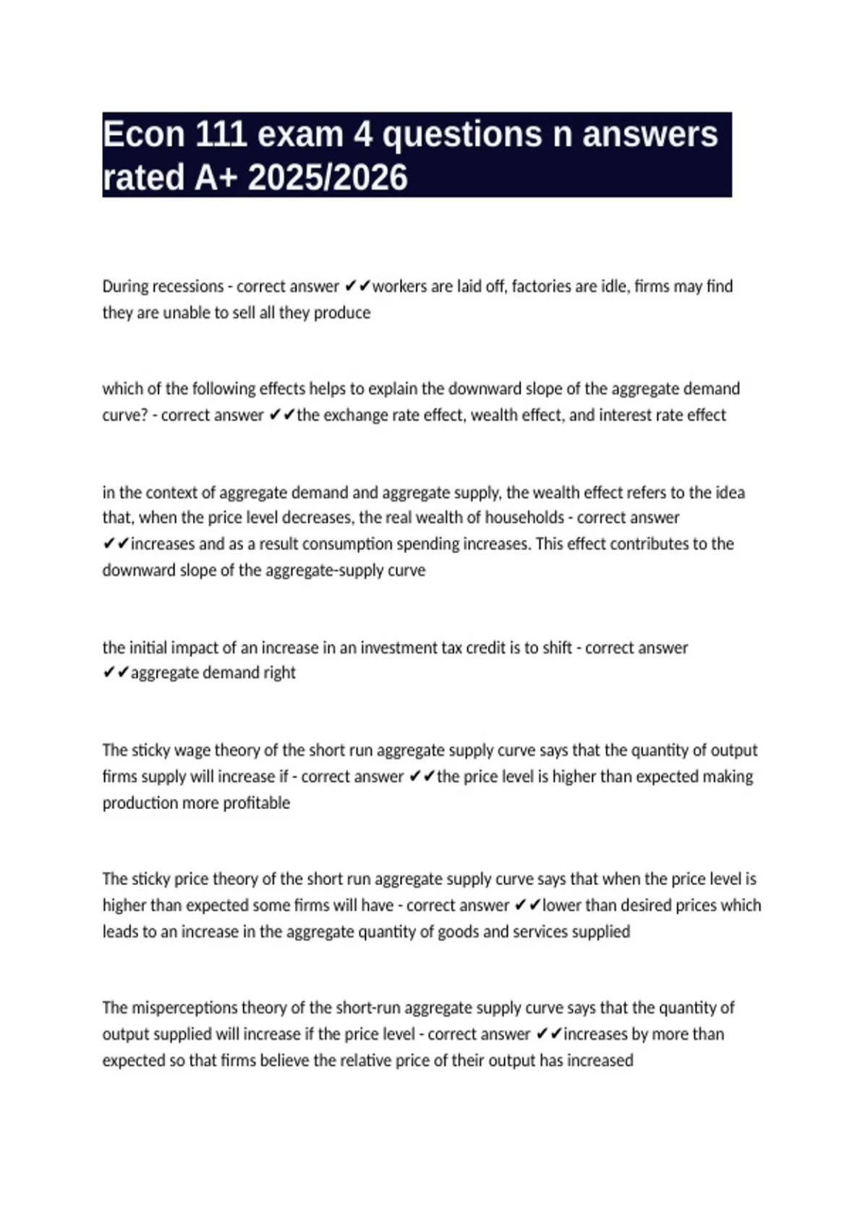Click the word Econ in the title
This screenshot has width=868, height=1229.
[x=144, y=135]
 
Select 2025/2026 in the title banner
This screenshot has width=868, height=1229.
[x=328, y=178]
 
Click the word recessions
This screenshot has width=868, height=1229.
[x=187, y=287]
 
